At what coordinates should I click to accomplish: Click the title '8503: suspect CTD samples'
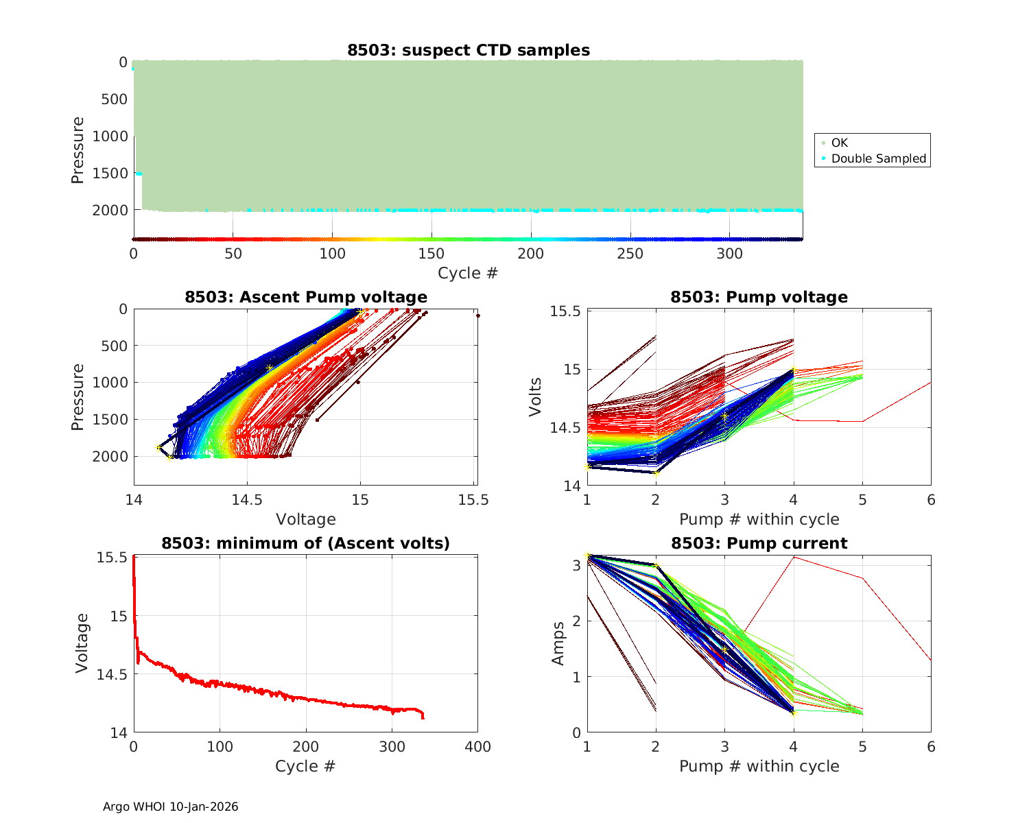pyautogui.click(x=468, y=50)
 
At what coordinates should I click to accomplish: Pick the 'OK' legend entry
pyautogui.click(x=839, y=143)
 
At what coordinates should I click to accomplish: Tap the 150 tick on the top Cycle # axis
pyautogui.click(x=431, y=254)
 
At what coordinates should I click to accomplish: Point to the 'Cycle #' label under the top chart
pyautogui.click(x=468, y=273)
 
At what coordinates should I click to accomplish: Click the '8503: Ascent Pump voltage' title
pyautogui.click(x=305, y=297)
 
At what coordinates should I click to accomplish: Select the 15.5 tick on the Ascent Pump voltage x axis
pyautogui.click(x=473, y=500)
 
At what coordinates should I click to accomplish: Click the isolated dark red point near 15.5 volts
pyautogui.click(x=478, y=315)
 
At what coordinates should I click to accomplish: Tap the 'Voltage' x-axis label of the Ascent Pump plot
pyautogui.click(x=305, y=519)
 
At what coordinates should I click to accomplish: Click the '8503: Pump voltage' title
pyautogui.click(x=759, y=297)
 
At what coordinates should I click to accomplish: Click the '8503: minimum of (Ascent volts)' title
pyautogui.click(x=305, y=543)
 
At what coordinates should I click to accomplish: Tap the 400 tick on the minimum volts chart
pyautogui.click(x=477, y=746)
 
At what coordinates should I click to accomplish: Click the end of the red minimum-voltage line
pyautogui.click(x=423, y=717)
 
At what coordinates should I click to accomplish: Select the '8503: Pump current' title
pyautogui.click(x=759, y=543)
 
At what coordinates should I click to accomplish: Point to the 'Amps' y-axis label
pyautogui.click(x=558, y=643)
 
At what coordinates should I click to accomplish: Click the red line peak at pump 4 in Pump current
pyautogui.click(x=794, y=557)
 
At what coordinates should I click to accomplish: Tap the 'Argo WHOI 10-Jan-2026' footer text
pyautogui.click(x=170, y=807)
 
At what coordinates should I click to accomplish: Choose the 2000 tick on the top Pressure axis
pyautogui.click(x=110, y=211)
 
